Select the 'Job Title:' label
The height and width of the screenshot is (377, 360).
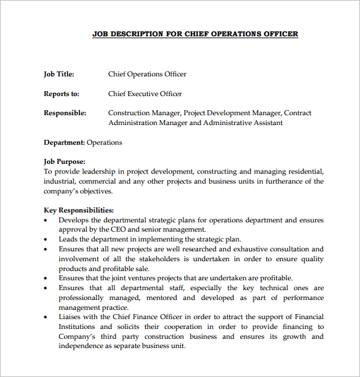pos(59,75)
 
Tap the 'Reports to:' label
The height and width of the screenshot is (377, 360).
pos(62,94)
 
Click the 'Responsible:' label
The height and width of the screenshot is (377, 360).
pos(65,113)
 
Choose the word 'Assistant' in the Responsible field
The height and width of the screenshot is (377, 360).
pos(268,123)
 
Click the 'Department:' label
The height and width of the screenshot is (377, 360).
pos(64,143)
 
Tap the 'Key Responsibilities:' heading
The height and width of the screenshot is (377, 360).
pos(79,210)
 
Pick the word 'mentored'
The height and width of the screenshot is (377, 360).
pos(162,298)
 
